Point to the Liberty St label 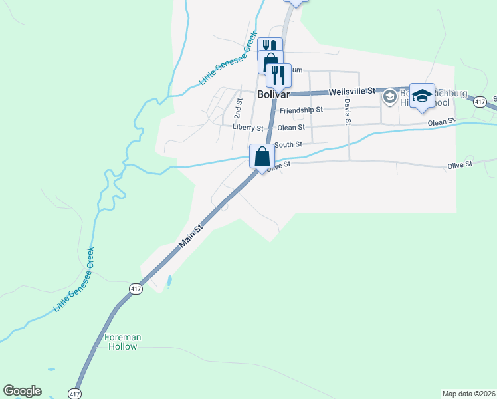pyautogui.click(x=248, y=126)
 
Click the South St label pyautogui.click(x=288, y=144)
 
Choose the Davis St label pyautogui.click(x=347, y=111)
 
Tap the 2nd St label pyautogui.click(x=239, y=104)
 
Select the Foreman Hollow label pyautogui.click(x=123, y=342)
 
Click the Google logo pyautogui.click(x=22, y=391)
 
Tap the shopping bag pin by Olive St pyautogui.click(x=262, y=157)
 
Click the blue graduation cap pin pyautogui.click(x=422, y=96)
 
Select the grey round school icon pyautogui.click(x=389, y=98)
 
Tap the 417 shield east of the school pyautogui.click(x=479, y=101)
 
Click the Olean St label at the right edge pyautogui.click(x=441, y=122)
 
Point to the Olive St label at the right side pyautogui.click(x=459, y=164)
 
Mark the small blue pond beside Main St pyautogui.click(x=169, y=281)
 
